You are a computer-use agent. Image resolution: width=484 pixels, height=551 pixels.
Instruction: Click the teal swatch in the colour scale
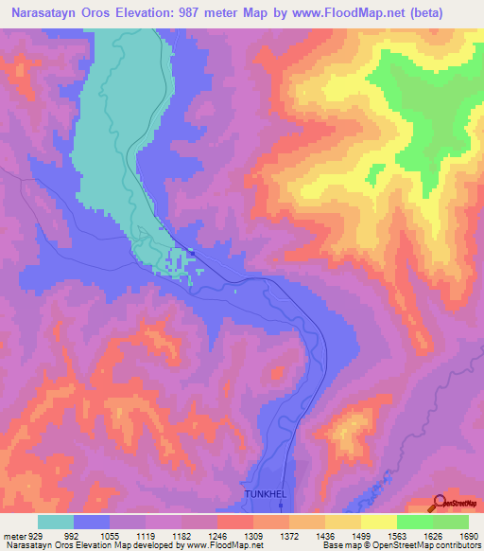(56, 523)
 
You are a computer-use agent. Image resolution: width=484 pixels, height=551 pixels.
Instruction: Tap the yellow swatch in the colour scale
(378, 523)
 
